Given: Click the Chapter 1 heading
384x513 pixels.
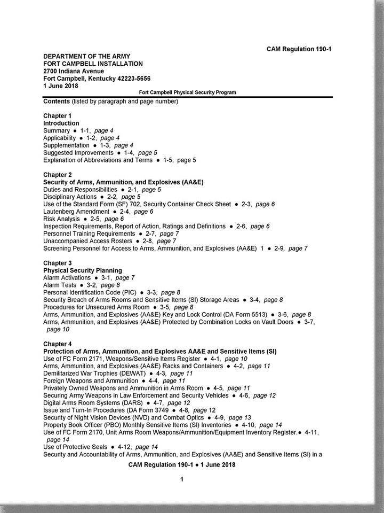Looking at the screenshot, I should (x=57, y=116).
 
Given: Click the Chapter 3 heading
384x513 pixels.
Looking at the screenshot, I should (x=57, y=263).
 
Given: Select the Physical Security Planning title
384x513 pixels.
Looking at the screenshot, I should (x=82, y=270).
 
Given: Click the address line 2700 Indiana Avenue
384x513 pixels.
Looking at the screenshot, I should (x=74, y=71).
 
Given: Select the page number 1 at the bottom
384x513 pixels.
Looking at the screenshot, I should (x=181, y=479).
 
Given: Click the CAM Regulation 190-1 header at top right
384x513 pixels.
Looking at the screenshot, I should (x=299, y=49).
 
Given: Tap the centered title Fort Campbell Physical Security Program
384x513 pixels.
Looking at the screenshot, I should (x=187, y=92).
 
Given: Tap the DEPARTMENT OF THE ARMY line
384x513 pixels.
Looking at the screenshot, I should (x=86, y=56).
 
